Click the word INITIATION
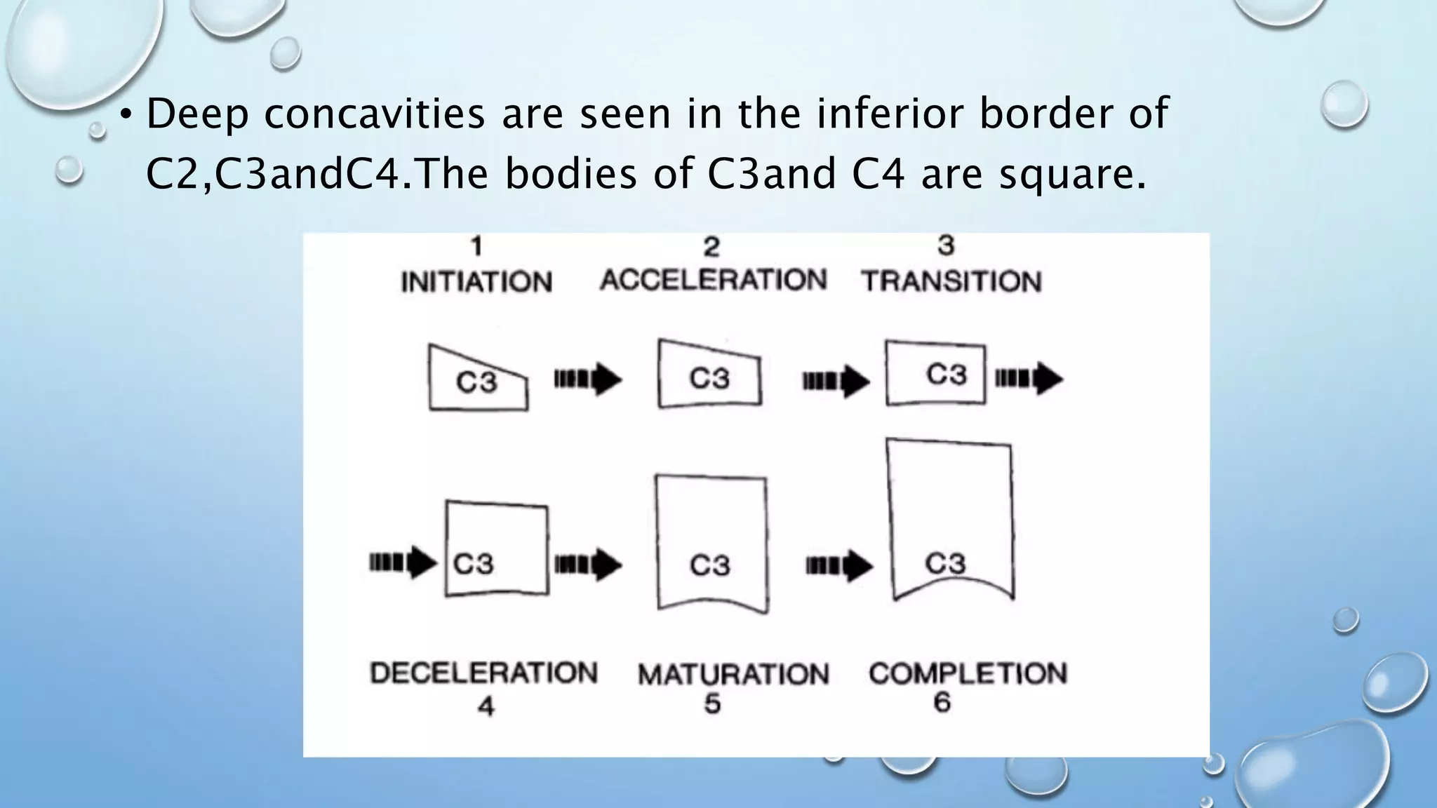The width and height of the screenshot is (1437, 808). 476,282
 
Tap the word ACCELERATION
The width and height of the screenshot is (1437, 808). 713,280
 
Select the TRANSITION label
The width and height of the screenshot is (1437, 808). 951,281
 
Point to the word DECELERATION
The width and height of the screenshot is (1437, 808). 483,673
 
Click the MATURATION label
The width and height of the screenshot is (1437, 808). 733,675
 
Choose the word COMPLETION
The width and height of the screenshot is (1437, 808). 968,673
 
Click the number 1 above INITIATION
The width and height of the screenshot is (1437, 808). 476,246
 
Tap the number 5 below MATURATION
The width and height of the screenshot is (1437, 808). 712,703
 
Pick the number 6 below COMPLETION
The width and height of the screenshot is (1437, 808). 942,702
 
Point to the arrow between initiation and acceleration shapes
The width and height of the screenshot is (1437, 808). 588,379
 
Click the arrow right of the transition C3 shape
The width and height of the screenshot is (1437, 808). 1029,379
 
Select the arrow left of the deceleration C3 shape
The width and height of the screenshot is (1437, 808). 403,562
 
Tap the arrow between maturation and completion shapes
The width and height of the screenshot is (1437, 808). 839,565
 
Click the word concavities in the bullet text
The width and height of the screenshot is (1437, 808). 374,114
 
